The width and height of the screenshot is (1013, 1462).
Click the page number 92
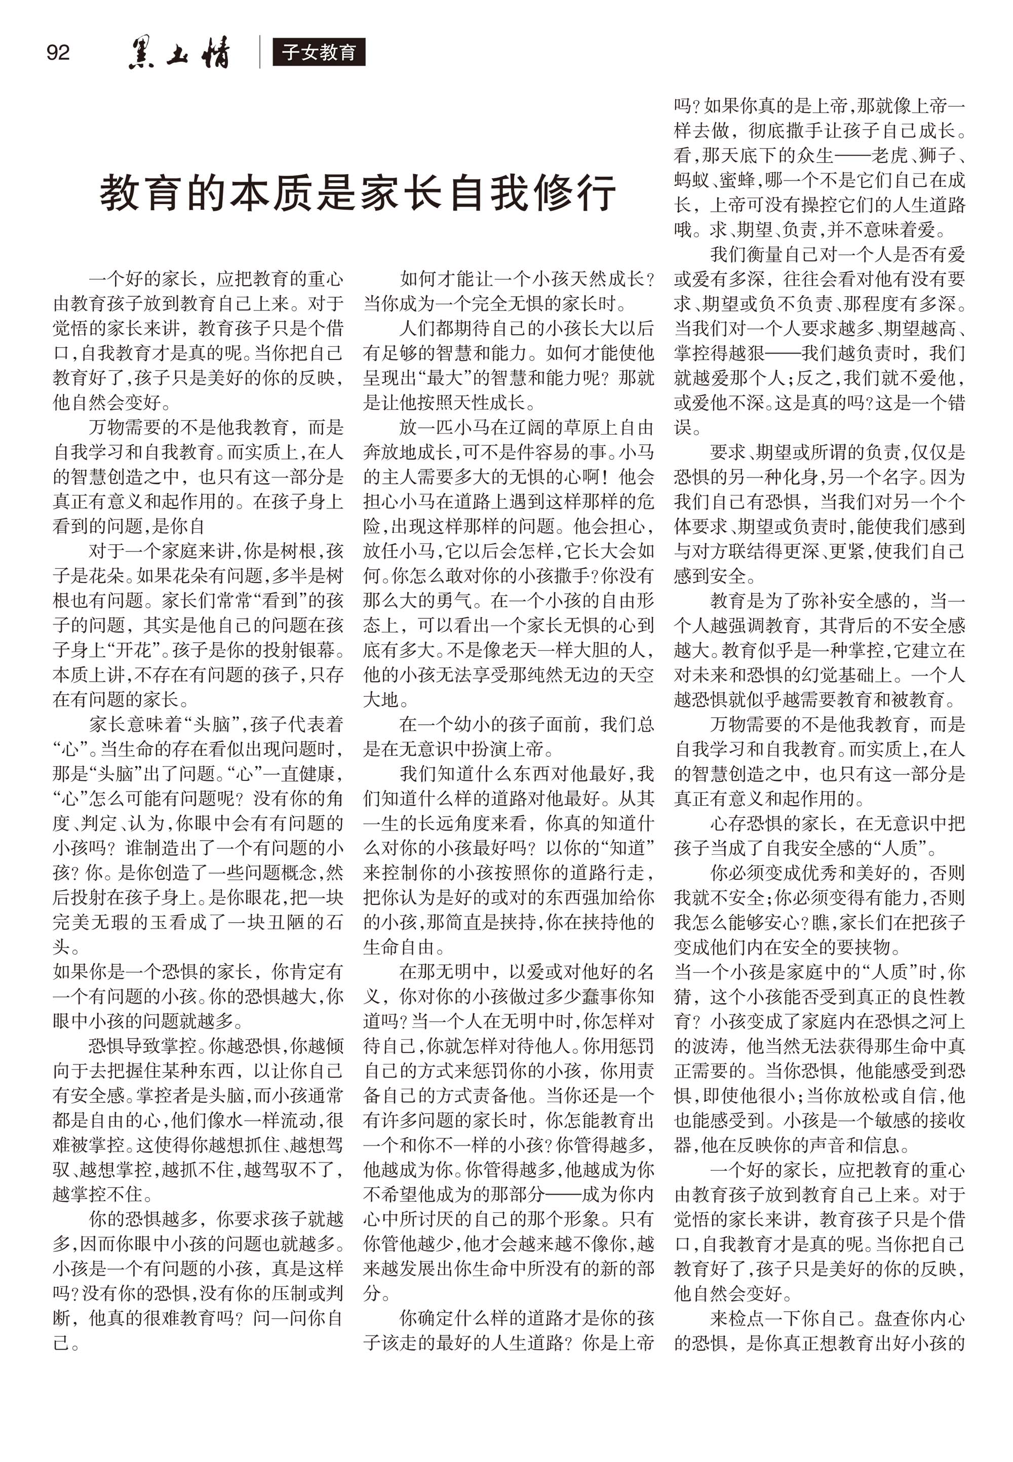(x=58, y=52)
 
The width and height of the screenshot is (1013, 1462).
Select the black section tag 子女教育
(x=319, y=52)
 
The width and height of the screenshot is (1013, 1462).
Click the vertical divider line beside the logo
(x=260, y=52)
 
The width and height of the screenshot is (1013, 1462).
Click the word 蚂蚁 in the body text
(x=692, y=180)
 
